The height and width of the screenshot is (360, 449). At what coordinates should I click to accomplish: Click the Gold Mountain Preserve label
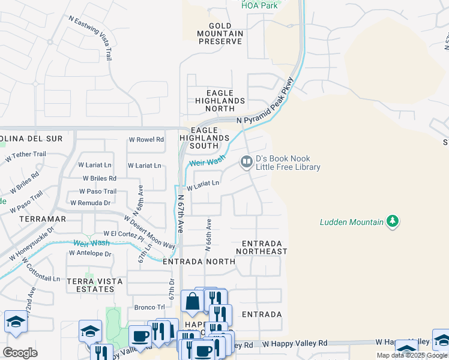(x=220, y=34)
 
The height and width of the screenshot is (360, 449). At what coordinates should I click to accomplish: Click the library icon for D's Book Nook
(x=246, y=161)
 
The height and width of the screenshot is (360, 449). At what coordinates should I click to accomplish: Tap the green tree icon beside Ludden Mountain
(x=393, y=222)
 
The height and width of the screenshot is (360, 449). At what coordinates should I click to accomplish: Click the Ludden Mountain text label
(x=351, y=223)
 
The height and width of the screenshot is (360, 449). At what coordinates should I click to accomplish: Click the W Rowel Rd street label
(x=146, y=140)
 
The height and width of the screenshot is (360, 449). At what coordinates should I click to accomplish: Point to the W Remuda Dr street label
(x=90, y=203)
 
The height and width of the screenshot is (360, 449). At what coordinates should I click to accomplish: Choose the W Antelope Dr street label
(x=90, y=254)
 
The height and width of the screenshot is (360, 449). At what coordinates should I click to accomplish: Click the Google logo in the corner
(x=20, y=353)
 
